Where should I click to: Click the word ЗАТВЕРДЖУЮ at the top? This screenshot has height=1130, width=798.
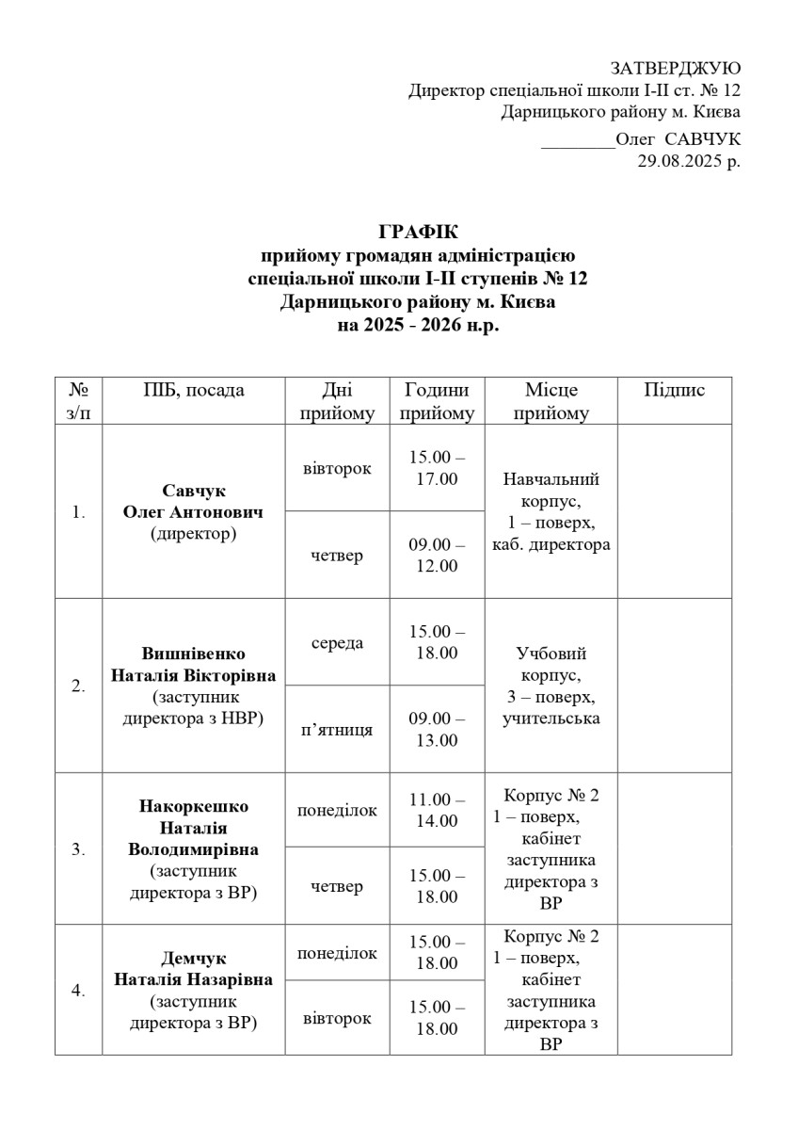click(x=675, y=69)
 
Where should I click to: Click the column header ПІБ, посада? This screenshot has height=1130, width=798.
click(x=194, y=391)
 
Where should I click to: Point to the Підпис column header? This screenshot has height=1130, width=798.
click(x=674, y=391)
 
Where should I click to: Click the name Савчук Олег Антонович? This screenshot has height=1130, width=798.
click(x=194, y=503)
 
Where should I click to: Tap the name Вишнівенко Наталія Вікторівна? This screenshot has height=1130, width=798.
click(x=194, y=665)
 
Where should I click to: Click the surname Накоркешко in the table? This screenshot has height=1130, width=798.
click(x=194, y=807)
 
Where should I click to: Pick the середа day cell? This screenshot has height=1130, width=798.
click(x=337, y=642)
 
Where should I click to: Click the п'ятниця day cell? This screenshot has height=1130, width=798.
click(x=336, y=730)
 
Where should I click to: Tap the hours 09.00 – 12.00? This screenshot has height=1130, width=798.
click(x=437, y=555)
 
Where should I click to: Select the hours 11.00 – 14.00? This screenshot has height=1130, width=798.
click(x=437, y=810)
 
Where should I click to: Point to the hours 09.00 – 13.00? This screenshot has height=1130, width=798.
click(x=437, y=729)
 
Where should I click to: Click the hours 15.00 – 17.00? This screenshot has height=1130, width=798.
click(x=437, y=468)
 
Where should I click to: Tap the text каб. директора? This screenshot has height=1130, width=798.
click(x=551, y=544)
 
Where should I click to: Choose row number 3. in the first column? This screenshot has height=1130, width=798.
click(x=79, y=849)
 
